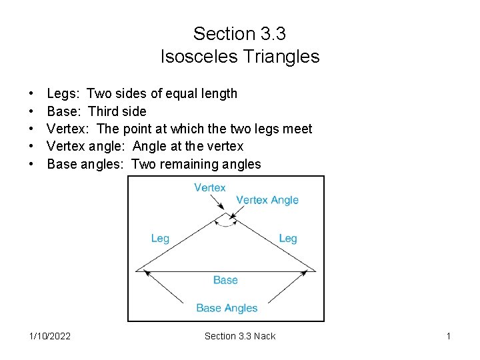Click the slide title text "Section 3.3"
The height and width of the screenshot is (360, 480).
tap(239, 33)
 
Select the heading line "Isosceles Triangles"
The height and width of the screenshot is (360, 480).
tap(240, 57)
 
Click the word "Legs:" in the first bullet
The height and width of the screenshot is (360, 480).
tap(63, 93)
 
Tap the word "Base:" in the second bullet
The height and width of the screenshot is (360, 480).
tap(64, 111)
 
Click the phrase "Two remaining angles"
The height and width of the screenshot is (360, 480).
tap(197, 164)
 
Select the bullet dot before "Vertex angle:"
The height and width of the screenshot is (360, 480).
tap(31, 147)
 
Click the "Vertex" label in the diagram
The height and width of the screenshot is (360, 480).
tap(210, 188)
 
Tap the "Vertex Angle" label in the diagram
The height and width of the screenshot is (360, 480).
tap(267, 200)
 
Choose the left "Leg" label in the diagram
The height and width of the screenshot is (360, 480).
tap(160, 239)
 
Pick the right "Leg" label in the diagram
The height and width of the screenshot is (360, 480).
tap(288, 239)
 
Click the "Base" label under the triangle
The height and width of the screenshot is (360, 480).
tap(225, 280)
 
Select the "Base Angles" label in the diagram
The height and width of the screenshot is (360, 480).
tap(227, 308)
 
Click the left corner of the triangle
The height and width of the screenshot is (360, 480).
tap(137, 270)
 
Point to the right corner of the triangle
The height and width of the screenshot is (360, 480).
tap(315, 270)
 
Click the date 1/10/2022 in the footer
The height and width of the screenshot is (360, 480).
tap(50, 336)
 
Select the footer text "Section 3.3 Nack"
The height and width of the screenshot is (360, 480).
tap(239, 336)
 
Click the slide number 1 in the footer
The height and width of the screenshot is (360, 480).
tap(449, 336)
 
